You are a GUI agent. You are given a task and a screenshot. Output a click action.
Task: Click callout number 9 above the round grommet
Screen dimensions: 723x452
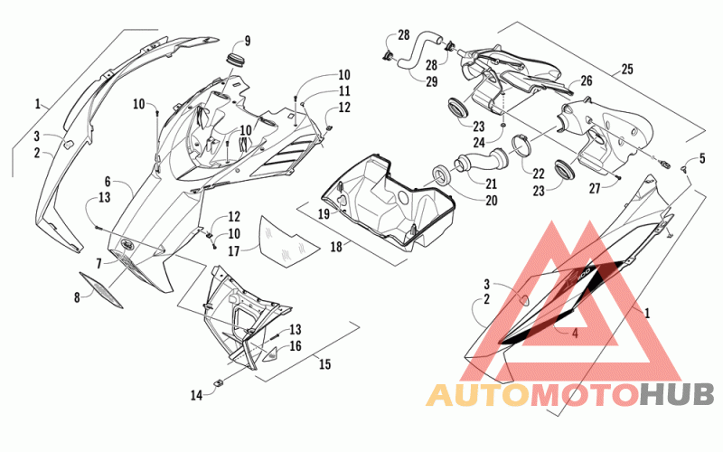tap(248, 41)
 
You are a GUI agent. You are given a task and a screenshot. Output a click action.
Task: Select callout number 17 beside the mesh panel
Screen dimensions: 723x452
tap(234, 251)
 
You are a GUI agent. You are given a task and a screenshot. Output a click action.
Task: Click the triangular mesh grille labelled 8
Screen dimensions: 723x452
tap(101, 289)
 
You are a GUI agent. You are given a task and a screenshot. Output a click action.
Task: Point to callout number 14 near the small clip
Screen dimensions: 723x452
tap(196, 395)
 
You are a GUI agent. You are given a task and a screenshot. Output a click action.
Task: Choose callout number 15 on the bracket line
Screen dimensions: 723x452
tap(325, 364)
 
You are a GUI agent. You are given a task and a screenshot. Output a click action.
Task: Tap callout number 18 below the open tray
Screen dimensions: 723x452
tap(336, 247)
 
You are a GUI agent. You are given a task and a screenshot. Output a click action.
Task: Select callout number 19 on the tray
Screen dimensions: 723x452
tap(324, 214)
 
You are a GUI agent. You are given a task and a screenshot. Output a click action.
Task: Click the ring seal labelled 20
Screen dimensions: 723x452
tap(442, 175)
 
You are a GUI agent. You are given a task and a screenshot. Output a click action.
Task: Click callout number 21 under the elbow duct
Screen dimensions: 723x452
tap(491, 184)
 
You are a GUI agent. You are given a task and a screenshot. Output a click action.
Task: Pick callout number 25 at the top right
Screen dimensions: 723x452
tap(627, 70)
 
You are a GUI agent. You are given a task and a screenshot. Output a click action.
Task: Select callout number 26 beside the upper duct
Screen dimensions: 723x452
tap(586, 81)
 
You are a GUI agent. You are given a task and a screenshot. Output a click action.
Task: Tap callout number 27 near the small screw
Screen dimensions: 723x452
tap(595, 188)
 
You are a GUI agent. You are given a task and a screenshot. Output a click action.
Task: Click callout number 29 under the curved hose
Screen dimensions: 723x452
tap(432, 81)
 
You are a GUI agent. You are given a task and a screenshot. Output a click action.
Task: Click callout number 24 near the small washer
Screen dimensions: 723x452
tap(479, 143)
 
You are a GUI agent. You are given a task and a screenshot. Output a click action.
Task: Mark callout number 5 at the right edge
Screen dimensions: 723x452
tap(702, 159)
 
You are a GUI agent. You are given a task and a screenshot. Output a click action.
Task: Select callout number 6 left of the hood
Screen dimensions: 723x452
tap(108, 182)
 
